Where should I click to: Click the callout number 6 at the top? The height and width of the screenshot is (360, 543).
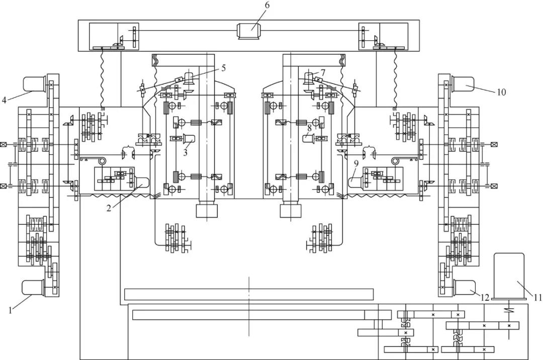point(267,5)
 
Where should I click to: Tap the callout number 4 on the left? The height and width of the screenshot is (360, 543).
point(4,100)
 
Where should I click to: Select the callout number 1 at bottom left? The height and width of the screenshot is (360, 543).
point(10,310)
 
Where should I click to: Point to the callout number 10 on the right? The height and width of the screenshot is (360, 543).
point(501,93)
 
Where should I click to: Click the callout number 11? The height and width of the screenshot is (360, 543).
point(537,298)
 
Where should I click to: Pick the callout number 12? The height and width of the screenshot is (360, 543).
point(485,298)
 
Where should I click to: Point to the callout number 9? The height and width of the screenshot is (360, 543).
point(356,163)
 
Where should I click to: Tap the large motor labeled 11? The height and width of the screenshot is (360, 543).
point(509,276)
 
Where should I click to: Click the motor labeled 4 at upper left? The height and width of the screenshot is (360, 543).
point(34,84)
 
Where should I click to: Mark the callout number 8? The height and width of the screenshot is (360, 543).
point(310,128)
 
